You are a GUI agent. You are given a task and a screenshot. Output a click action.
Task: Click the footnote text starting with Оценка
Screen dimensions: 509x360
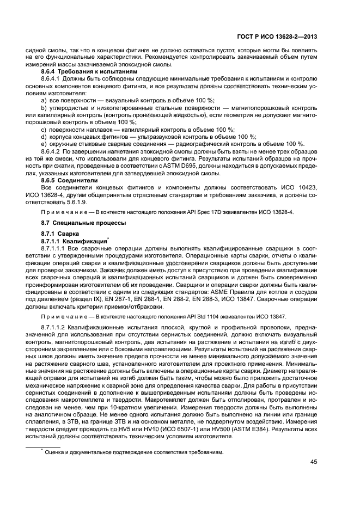click(x=133, y=451)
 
